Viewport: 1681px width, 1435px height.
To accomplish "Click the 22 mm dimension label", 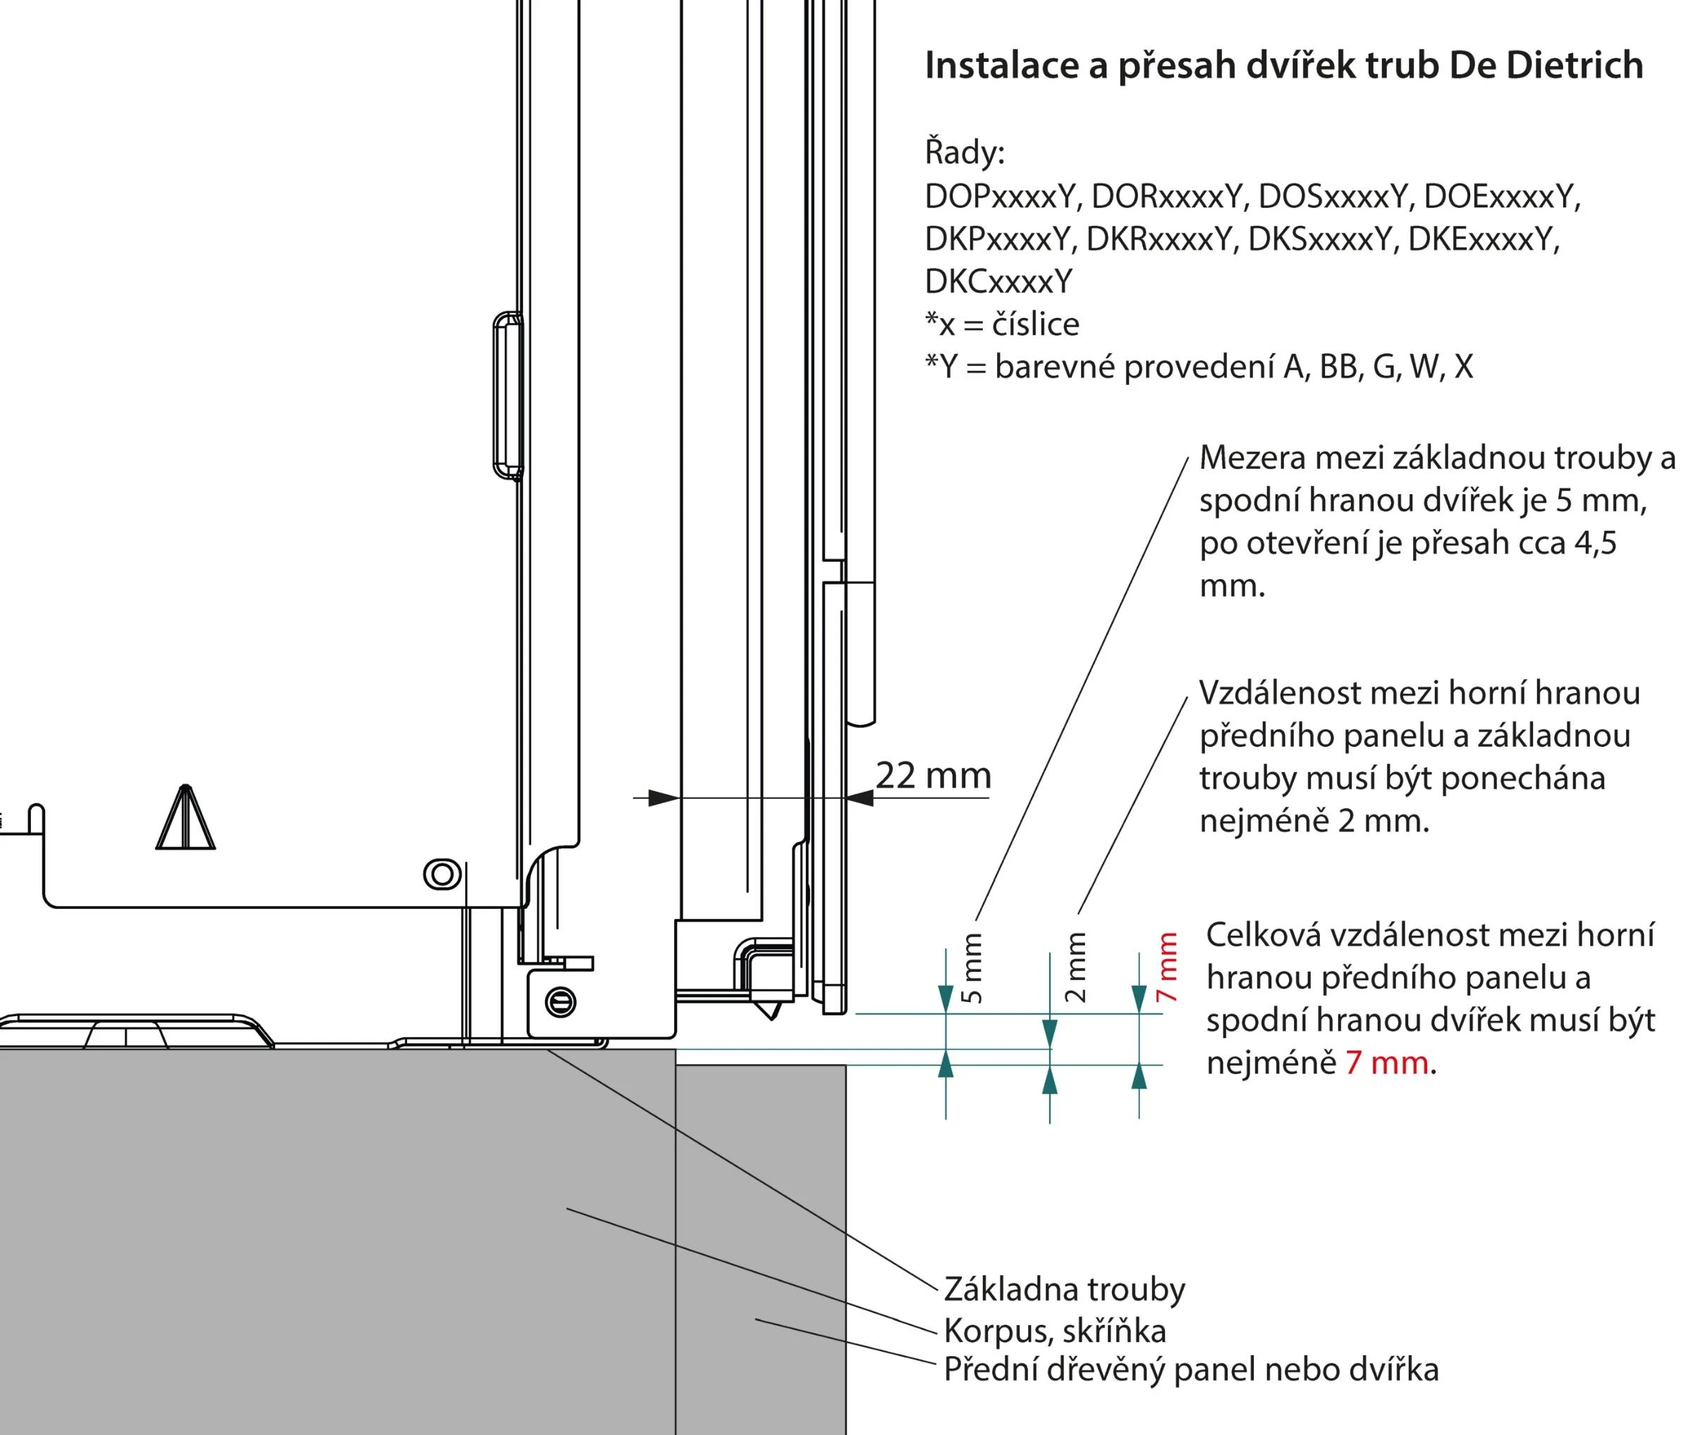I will (x=933, y=776).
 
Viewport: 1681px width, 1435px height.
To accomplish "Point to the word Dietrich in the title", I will (x=1574, y=66).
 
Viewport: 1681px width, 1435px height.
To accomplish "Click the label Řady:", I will (x=965, y=152).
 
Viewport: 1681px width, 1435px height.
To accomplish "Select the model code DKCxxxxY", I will (x=998, y=281).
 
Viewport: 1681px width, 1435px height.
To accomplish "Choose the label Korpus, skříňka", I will (x=1055, y=1331).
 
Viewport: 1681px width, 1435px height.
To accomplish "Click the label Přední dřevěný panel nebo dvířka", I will (x=1191, y=1369).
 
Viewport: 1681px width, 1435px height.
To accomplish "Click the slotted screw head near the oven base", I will (x=561, y=1002).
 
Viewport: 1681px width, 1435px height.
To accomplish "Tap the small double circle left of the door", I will (x=442, y=874).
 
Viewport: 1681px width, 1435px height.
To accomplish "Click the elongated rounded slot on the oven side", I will (x=507, y=395).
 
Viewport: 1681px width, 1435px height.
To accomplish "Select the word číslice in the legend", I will (x=1036, y=324).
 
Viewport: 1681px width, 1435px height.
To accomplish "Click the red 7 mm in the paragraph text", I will (x=1386, y=1063).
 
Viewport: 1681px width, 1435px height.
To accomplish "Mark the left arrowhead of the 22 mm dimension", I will (x=664, y=798).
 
